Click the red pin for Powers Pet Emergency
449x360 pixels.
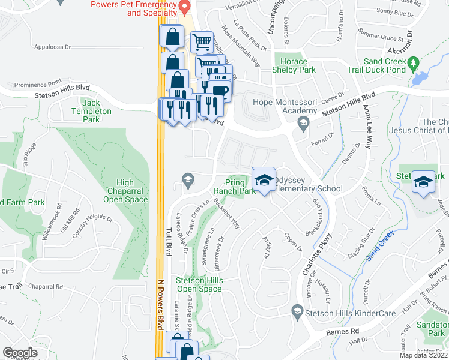[x=185, y=7]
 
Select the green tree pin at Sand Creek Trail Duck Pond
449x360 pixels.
[x=412, y=63]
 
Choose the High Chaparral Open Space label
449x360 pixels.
[x=124, y=191]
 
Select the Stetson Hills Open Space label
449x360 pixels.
[x=199, y=284]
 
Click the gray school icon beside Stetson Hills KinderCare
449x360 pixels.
[x=296, y=310]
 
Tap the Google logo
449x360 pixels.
[x=20, y=352]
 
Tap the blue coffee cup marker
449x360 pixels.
[x=220, y=90]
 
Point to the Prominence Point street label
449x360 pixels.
[x=38, y=84]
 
